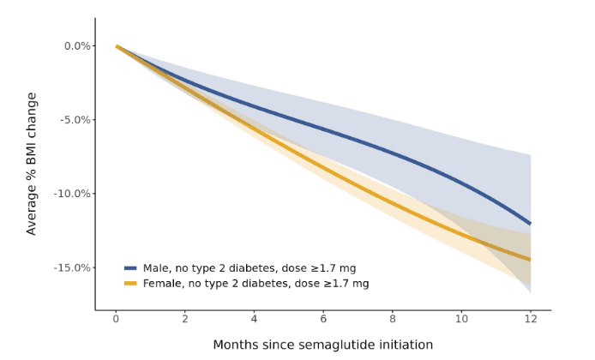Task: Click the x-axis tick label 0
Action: pyautogui.click(x=116, y=320)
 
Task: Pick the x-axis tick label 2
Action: pyautogui.click(x=185, y=320)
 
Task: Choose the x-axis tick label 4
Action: pyautogui.click(x=254, y=320)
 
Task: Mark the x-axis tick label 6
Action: pyautogui.click(x=323, y=320)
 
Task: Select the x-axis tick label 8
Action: pyautogui.click(x=393, y=320)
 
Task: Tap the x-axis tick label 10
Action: pyautogui.click(x=461, y=320)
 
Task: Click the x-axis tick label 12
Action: pyautogui.click(x=531, y=320)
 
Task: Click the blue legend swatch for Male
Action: pyautogui.click(x=130, y=268)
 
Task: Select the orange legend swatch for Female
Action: pyautogui.click(x=130, y=284)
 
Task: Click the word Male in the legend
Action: pyautogui.click(x=157, y=268)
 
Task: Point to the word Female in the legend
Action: pyautogui.click(x=162, y=284)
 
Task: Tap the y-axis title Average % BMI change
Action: pyautogui.click(x=32, y=163)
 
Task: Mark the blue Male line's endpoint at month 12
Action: pyautogui.click(x=531, y=224)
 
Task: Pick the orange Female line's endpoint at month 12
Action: pyautogui.click(x=531, y=260)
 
